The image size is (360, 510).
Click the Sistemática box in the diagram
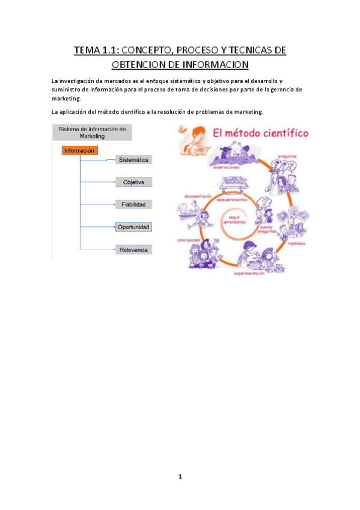(x=133, y=160)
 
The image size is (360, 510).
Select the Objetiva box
(x=133, y=182)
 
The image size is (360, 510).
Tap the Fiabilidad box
(x=133, y=204)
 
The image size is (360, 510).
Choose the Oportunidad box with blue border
(x=133, y=227)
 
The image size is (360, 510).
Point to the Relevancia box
(x=133, y=250)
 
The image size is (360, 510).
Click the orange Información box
(x=79, y=151)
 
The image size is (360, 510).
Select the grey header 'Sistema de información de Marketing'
(x=92, y=132)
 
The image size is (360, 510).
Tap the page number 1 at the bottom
(x=180, y=477)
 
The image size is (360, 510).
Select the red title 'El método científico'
(x=258, y=132)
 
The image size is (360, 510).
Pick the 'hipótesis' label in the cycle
(x=296, y=244)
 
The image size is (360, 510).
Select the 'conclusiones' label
(x=188, y=240)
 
